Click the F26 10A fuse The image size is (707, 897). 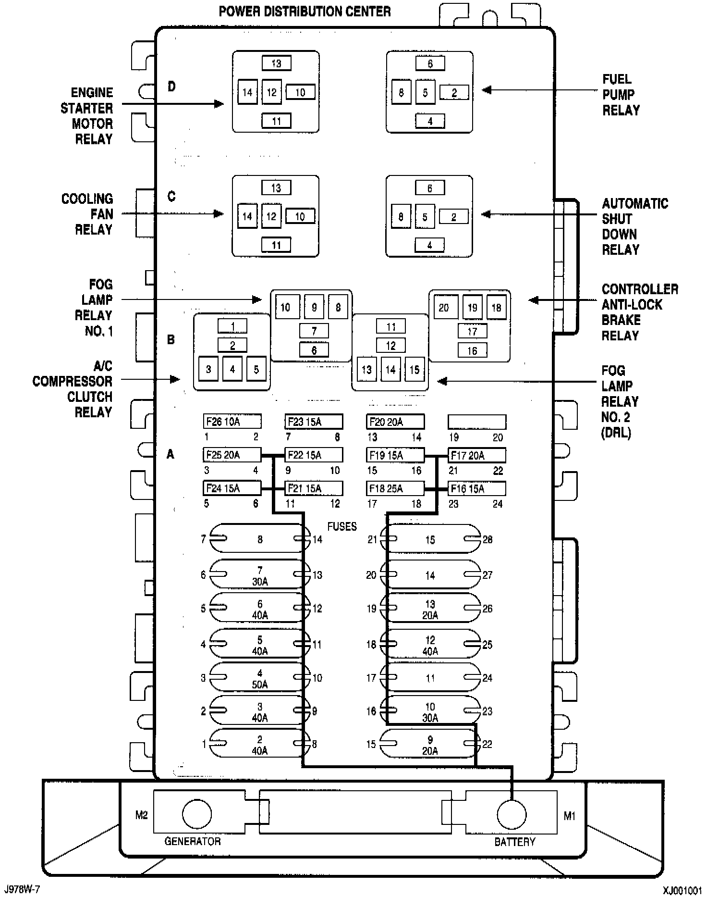(232, 422)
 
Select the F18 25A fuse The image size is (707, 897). (395, 489)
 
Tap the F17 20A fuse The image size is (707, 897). (476, 455)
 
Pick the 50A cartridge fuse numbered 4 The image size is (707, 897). (259, 678)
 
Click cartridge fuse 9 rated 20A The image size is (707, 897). (430, 745)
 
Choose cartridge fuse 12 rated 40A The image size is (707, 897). (430, 645)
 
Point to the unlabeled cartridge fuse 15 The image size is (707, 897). (430, 540)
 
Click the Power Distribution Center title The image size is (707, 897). (305, 12)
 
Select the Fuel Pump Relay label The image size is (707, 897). (621, 95)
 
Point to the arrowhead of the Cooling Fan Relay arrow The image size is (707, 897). (219, 214)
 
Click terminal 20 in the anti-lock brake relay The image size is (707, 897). (444, 308)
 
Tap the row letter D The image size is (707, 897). (171, 87)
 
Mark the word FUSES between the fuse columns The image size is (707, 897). (342, 526)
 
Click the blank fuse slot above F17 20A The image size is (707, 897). (476, 422)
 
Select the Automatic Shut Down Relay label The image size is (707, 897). (634, 226)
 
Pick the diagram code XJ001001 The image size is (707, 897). (683, 890)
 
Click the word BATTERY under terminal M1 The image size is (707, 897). (514, 842)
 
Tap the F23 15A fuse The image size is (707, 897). (314, 422)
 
